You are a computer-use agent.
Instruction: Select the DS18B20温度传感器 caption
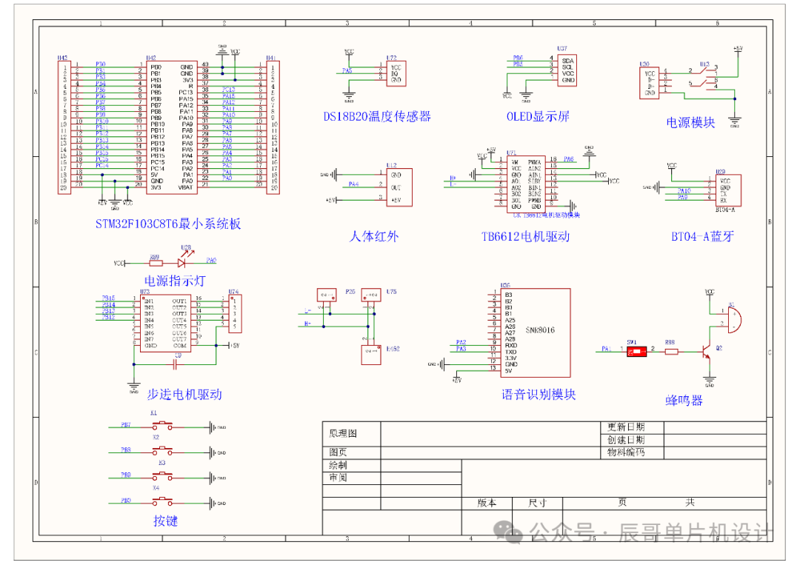(x=377, y=116)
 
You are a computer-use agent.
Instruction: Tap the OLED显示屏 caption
(x=538, y=116)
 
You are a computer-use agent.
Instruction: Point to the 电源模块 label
(x=690, y=122)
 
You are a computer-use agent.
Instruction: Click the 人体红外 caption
(x=373, y=237)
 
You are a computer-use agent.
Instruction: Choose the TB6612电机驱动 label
(x=525, y=237)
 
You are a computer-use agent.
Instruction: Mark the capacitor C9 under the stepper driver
(x=177, y=361)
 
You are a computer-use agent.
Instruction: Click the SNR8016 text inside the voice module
(x=540, y=330)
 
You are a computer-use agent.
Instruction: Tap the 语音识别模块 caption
(x=539, y=395)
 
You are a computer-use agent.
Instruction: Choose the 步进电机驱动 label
(x=184, y=395)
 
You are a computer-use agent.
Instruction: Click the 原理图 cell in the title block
(x=343, y=432)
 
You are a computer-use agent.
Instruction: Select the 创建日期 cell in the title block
(x=626, y=440)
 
